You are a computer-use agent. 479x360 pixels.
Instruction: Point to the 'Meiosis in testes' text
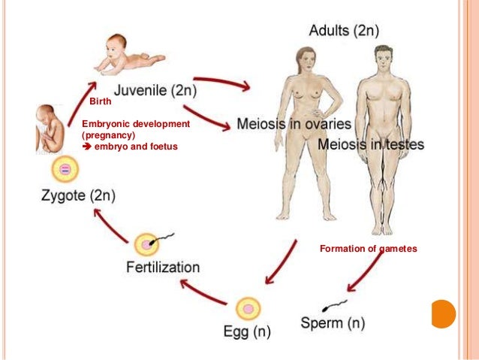click(x=371, y=144)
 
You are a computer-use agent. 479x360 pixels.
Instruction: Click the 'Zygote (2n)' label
click(x=74, y=198)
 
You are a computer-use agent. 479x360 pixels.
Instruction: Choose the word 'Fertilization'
click(x=163, y=267)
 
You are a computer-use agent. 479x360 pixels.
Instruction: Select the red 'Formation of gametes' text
click(x=368, y=247)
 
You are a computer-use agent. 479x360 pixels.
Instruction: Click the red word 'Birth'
click(x=100, y=101)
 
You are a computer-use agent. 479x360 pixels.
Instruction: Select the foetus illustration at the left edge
click(x=50, y=129)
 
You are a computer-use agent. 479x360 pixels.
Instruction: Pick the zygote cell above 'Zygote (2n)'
click(x=65, y=169)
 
